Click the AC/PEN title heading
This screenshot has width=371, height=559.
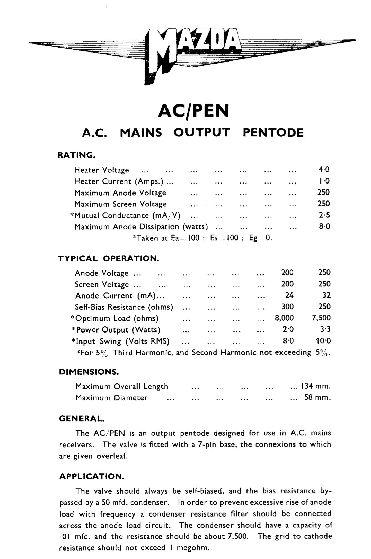193,111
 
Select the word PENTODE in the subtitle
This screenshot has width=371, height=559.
273,133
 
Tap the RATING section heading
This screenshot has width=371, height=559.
76,155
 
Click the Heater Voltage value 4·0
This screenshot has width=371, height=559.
324,169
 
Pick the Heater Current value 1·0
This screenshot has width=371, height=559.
324,181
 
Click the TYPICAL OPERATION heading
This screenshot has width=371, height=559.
109,258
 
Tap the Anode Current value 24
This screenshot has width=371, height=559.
289,295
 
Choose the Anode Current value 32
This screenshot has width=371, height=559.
326,295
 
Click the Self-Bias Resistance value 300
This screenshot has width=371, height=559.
287,307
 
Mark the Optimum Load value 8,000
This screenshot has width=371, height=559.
284,318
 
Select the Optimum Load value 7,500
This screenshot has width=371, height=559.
321,318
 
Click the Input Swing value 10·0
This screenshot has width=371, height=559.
323,341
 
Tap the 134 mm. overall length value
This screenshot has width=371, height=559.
316,386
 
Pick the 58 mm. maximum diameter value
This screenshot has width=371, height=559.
317,397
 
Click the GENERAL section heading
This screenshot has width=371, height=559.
82,418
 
